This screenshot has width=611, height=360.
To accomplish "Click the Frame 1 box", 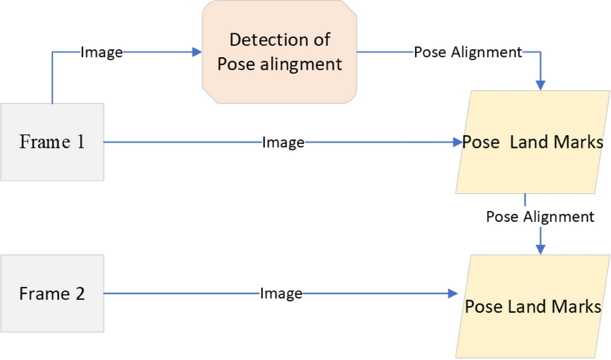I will pos(52,142).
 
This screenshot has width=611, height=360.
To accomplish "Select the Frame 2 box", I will pos(52,294).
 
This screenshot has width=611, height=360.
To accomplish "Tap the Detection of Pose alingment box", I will pos(280,52).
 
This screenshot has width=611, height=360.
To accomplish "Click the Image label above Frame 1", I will pos(102,52).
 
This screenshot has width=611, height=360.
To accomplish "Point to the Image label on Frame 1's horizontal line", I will pos(283,142).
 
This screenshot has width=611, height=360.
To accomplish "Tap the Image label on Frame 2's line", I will pos(281,294).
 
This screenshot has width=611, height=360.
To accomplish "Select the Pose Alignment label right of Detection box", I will pos(468,52).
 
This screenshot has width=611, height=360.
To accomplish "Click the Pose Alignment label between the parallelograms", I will pos(540,217).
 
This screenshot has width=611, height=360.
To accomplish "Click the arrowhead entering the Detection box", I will pos(197,52).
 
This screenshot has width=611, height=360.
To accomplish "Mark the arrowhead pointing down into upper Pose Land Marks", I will pos(540,85).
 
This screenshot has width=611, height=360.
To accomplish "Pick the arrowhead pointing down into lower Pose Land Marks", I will pos(540,249).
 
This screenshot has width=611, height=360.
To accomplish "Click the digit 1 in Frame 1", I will pos(80,142).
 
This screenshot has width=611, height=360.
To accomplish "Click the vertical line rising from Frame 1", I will pos(53,77).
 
